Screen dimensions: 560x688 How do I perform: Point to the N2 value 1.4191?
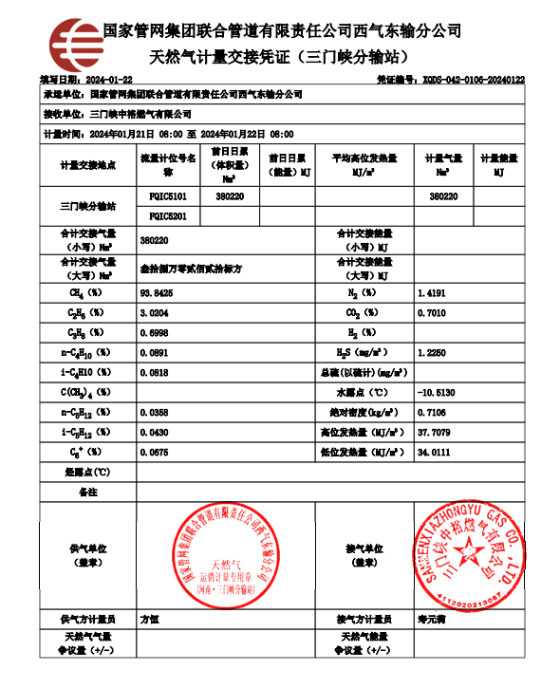(x=431, y=294)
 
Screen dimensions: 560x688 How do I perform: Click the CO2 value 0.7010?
(x=431, y=313)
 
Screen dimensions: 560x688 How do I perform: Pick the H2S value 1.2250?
(x=431, y=352)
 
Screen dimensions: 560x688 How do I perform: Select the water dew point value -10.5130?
(x=437, y=392)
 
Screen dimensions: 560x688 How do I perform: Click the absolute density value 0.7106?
(x=431, y=412)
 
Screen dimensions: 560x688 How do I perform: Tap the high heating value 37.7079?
(x=433, y=432)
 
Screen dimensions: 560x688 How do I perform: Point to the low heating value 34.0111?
(x=433, y=452)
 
